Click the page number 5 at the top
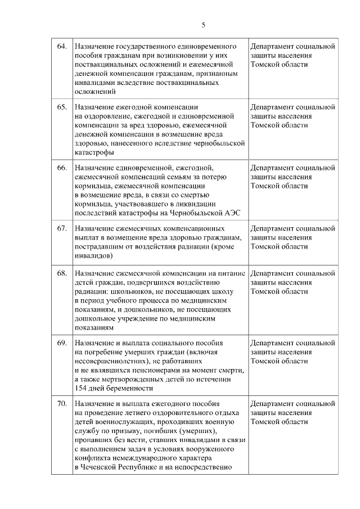[204, 25]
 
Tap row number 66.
[62, 168]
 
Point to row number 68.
[62, 273]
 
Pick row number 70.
[62, 403]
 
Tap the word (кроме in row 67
[228, 246]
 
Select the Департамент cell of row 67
[292, 237]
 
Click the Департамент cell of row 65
[292, 115]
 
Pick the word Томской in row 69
[264, 361]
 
